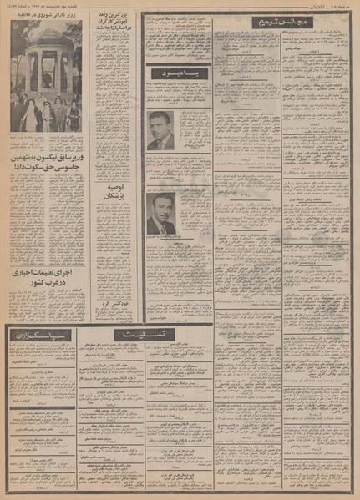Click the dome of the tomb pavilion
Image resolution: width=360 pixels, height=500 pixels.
[46, 42]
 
